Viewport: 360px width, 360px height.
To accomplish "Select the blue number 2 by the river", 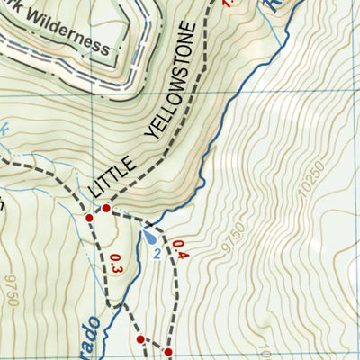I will (x=157, y=255).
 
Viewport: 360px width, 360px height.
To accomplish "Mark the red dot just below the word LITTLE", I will (x=106, y=208).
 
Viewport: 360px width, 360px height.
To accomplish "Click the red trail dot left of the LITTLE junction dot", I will (x=89, y=217).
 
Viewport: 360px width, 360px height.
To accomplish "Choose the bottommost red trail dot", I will (x=168, y=351).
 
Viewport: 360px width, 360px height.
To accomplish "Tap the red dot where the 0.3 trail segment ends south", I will (x=139, y=339).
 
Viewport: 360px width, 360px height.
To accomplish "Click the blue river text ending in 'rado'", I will (x=94, y=337).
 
